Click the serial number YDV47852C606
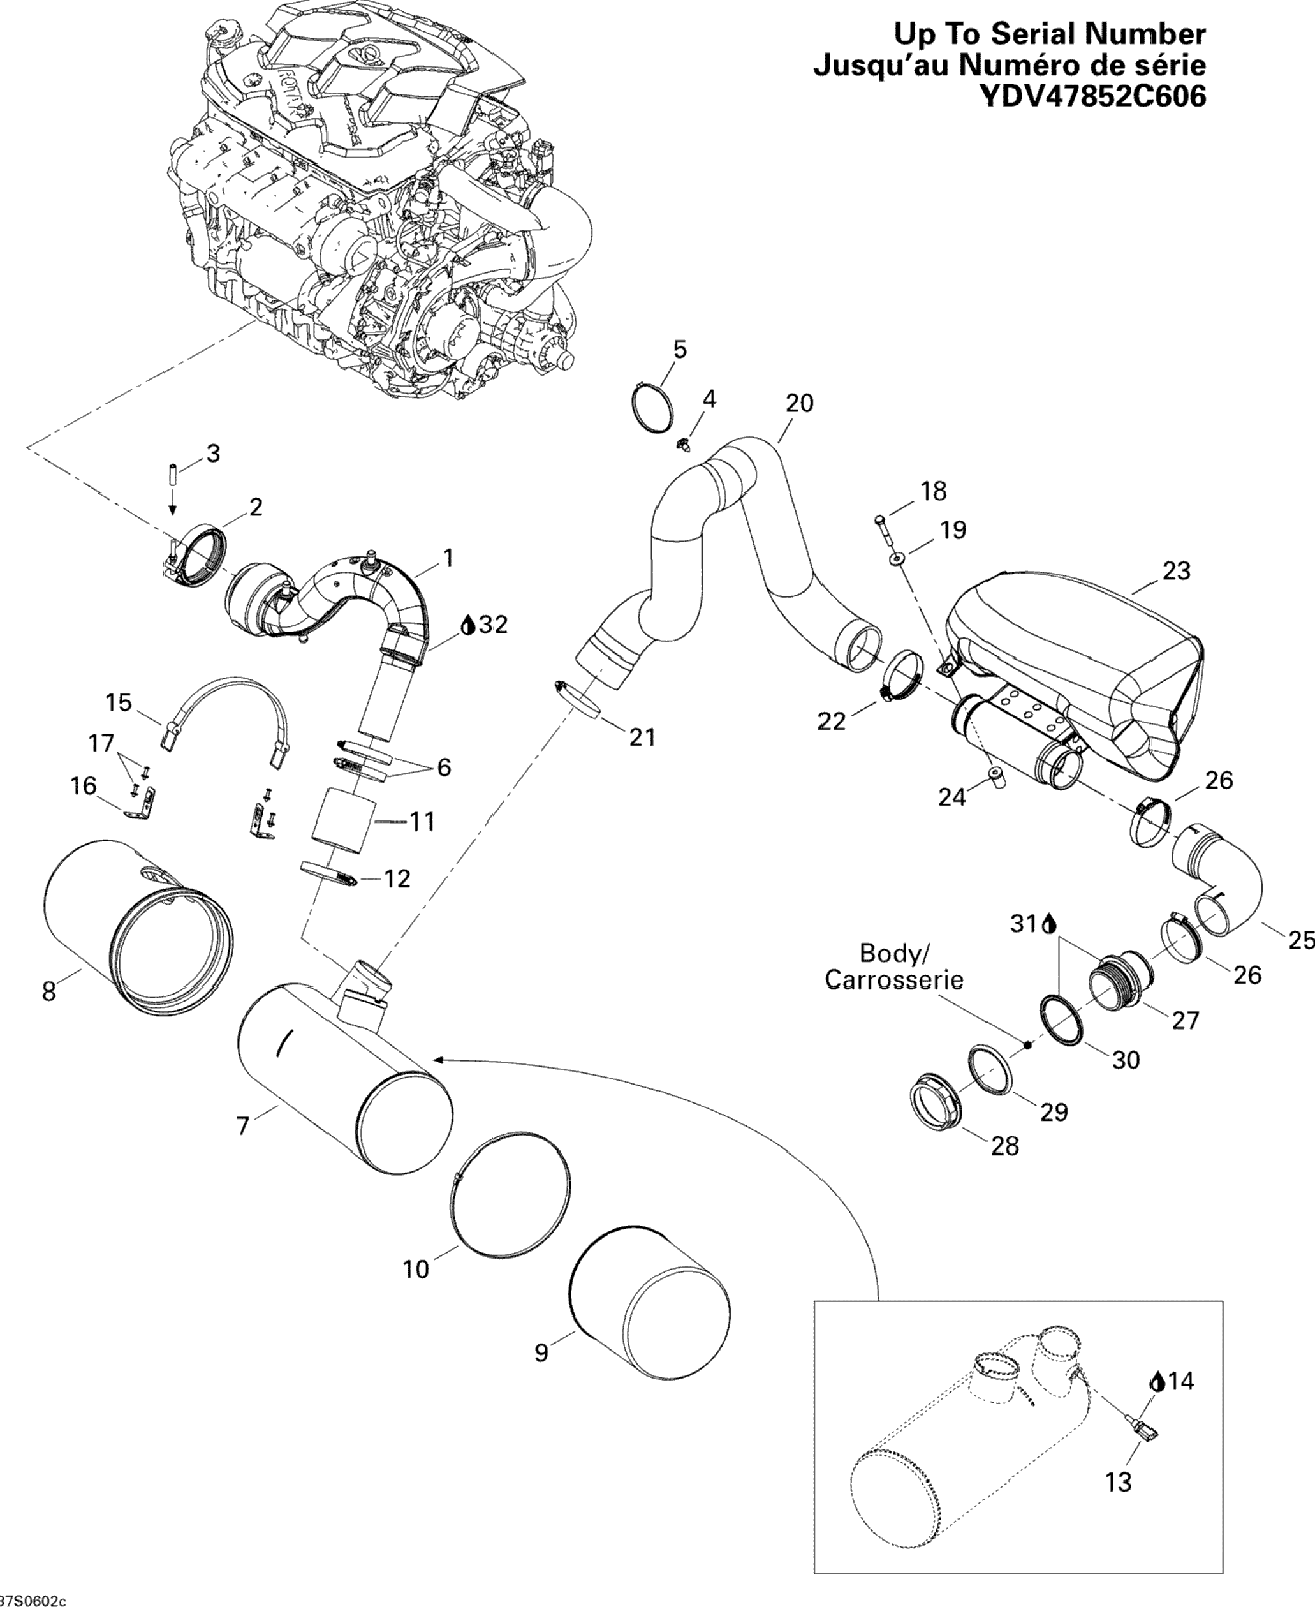[1092, 97]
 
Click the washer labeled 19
[897, 558]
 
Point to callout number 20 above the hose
[798, 403]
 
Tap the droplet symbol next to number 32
[468, 625]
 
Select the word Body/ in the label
[894, 952]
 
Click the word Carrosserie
[894, 981]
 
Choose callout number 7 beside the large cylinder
[242, 1127]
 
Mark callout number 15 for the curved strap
[119, 702]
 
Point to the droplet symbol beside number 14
[1157, 1382]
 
